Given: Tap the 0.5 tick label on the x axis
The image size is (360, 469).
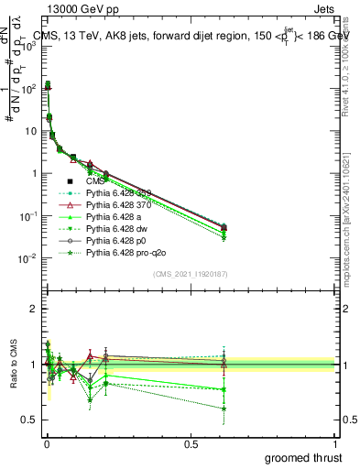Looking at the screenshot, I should [191, 442].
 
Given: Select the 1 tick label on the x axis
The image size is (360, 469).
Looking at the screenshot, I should [335, 442].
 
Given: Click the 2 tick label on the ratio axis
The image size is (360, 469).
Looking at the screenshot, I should [32, 309].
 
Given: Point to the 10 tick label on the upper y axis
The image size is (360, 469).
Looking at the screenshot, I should [28, 131].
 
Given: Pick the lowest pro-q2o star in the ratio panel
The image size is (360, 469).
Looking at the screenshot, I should [224, 409].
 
